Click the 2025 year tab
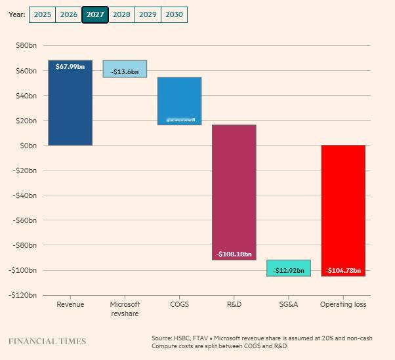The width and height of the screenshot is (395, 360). (42, 14)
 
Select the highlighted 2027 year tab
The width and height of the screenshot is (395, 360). (95, 14)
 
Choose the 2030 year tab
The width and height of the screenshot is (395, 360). (174, 14)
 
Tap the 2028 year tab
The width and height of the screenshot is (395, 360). (121, 14)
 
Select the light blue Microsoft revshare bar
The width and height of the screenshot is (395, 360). (125, 69)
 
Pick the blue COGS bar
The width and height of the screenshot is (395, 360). (179, 98)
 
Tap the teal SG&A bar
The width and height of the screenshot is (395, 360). (288, 268)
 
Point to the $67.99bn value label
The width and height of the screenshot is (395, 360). (70, 67)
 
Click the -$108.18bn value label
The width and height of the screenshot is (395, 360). (234, 254)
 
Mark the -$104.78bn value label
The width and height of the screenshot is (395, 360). (343, 270)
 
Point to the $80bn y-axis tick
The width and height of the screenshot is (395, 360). (26, 45)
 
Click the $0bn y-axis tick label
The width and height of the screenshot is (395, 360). (28, 146)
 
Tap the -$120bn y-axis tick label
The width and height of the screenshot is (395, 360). (24, 295)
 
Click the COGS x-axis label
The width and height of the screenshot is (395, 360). (179, 304)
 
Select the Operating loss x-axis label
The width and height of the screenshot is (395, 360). (343, 304)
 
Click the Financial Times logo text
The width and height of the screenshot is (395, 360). (47, 341)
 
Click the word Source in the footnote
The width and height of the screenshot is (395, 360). (162, 338)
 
